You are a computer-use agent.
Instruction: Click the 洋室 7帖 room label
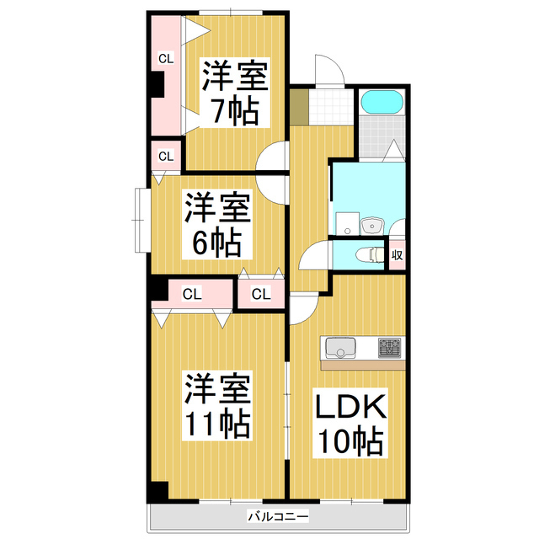pyautogui.click(x=233, y=93)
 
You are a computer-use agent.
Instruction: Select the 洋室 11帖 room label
pyautogui.click(x=217, y=406)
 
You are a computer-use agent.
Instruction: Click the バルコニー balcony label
pyautogui.click(x=278, y=515)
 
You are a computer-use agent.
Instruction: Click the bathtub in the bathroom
pyautogui.click(x=383, y=104)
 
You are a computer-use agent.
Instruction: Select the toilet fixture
pyautogui.click(x=367, y=254)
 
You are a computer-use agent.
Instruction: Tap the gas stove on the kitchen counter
pyautogui.click(x=391, y=347)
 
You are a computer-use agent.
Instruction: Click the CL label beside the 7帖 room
pyautogui.click(x=166, y=59)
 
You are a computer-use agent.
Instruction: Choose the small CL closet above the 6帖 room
pyautogui.click(x=166, y=156)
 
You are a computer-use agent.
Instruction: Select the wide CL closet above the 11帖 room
pyautogui.click(x=192, y=294)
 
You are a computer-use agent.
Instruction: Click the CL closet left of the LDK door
pyautogui.click(x=261, y=294)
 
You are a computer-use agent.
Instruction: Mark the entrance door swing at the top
pyautogui.click(x=328, y=72)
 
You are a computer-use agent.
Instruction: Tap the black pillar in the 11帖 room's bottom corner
pyautogui.click(x=157, y=492)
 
